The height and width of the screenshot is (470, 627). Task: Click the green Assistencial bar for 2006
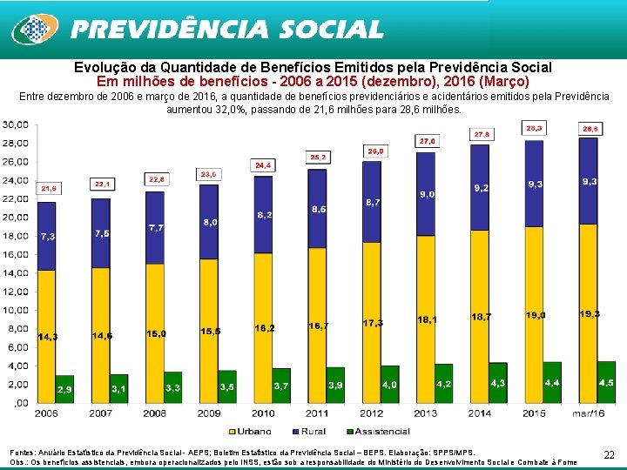pyautogui.click(x=65, y=389)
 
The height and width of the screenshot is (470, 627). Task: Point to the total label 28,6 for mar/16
pyautogui.click(x=590, y=128)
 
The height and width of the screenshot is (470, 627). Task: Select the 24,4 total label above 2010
pyautogui.click(x=263, y=164)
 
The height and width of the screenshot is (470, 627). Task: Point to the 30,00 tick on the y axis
pyautogui.click(x=15, y=124)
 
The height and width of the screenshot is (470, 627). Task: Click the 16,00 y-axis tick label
pyautogui.click(x=15, y=254)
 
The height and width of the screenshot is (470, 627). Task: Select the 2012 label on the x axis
pyautogui.click(x=372, y=413)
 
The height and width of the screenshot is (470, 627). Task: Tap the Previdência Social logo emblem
pyautogui.click(x=34, y=30)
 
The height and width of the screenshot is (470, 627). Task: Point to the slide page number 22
pyautogui.click(x=609, y=453)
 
